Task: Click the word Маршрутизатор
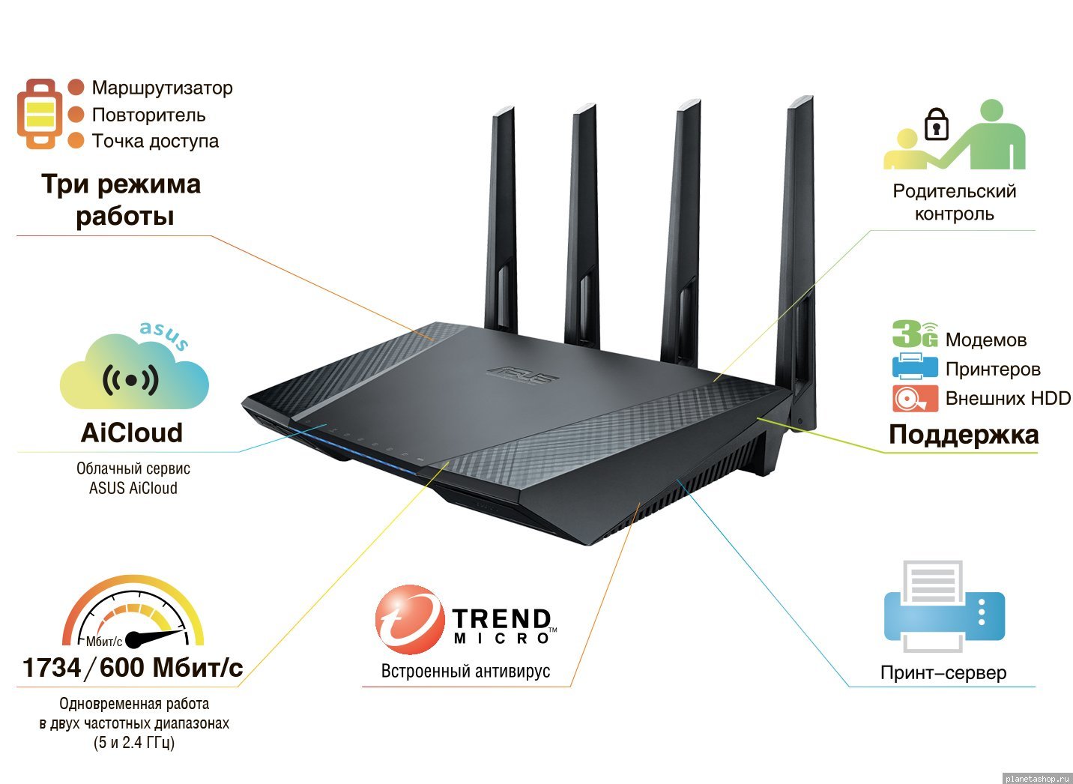(x=162, y=88)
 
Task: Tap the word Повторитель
(x=148, y=115)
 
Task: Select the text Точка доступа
(x=155, y=141)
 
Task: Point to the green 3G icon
(x=915, y=334)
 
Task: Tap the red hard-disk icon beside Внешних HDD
(x=915, y=398)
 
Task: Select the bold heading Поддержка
(x=964, y=435)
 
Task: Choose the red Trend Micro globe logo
(x=410, y=619)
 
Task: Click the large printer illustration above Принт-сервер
(x=944, y=606)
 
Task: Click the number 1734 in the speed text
(x=52, y=668)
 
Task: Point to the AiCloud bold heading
(x=132, y=432)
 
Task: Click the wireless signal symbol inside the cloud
(x=131, y=380)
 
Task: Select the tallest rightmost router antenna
(x=799, y=259)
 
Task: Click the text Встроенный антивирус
(x=465, y=672)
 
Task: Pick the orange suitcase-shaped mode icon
(x=40, y=114)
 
